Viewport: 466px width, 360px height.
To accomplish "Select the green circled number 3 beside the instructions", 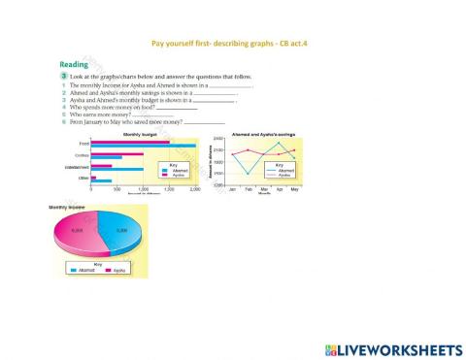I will tap(63, 76).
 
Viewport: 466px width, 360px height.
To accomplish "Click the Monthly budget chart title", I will tap(141, 135).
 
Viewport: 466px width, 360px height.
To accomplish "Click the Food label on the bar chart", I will tap(83, 144).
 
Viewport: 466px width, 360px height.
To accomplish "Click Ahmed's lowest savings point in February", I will tap(248, 174).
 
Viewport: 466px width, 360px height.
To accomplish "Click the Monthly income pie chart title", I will tap(67, 208).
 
